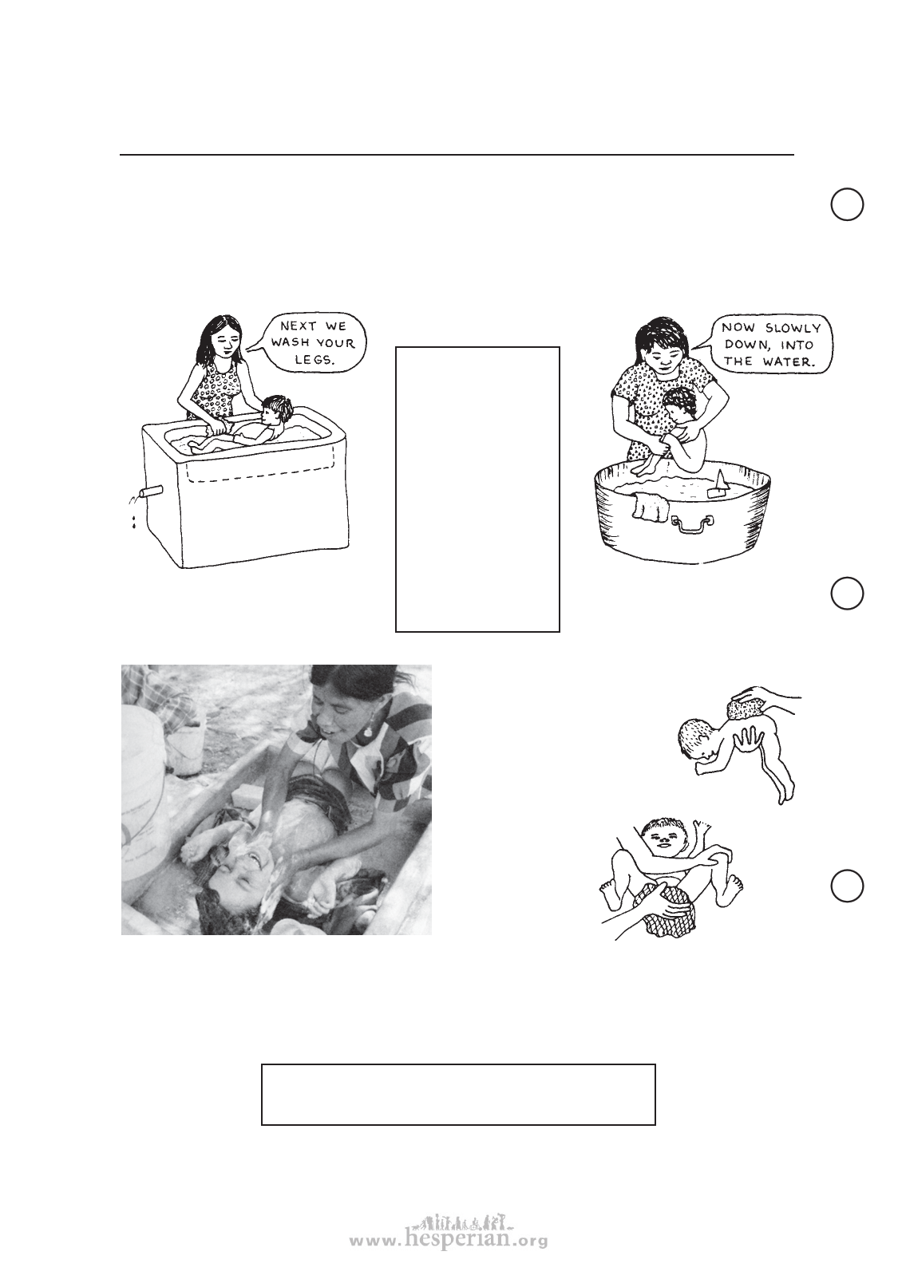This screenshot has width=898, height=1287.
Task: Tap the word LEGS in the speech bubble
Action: (315, 360)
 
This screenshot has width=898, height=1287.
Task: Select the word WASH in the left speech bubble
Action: (291, 344)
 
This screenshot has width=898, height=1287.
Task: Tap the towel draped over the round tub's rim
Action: (651, 508)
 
